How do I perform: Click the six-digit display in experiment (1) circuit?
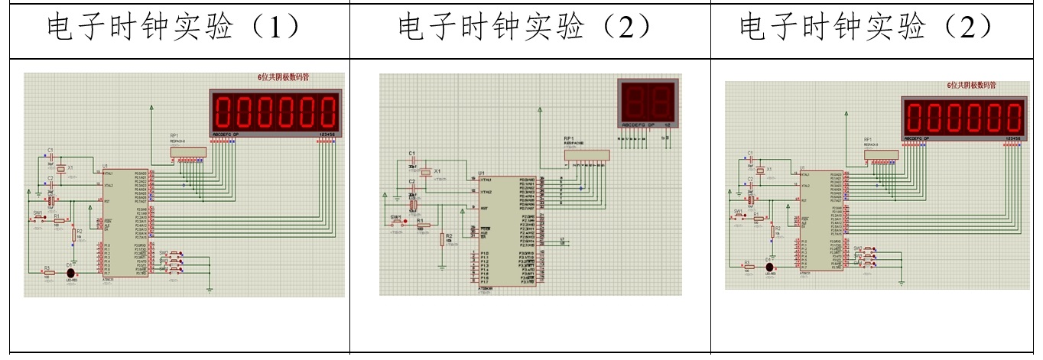tap(275, 112)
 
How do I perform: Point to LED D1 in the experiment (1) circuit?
tap(71, 271)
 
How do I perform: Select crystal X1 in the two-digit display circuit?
tap(426, 173)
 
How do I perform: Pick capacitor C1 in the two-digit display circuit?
tap(413, 161)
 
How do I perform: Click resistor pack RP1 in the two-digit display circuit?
tap(586, 155)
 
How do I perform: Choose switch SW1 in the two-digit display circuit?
tap(397, 222)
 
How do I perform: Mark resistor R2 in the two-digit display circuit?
tap(442, 239)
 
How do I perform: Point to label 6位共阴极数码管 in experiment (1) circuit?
tap(288, 77)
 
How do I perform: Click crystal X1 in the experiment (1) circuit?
tap(61, 169)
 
